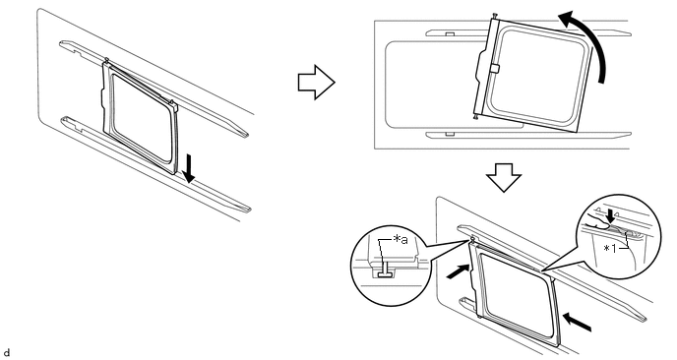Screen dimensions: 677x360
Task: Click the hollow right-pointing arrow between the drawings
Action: pos(317,82)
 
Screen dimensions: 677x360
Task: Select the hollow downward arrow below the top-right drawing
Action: pos(504,177)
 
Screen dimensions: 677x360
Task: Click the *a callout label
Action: pos(400,240)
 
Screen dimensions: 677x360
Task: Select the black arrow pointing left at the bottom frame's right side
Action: pos(577,323)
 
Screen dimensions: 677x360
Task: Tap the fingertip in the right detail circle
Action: pos(597,223)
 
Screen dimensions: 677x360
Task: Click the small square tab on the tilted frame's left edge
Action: pos(495,69)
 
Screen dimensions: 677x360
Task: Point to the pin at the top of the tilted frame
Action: pos(495,16)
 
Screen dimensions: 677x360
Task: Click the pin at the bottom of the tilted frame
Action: pos(476,116)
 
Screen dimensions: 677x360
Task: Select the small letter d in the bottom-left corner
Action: pos(7,353)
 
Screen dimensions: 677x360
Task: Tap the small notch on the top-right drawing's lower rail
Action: pos(449,134)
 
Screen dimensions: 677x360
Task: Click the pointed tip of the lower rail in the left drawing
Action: pos(250,210)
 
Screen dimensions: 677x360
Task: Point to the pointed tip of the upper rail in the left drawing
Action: pos(248,135)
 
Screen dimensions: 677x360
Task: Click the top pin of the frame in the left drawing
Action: pos(106,59)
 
